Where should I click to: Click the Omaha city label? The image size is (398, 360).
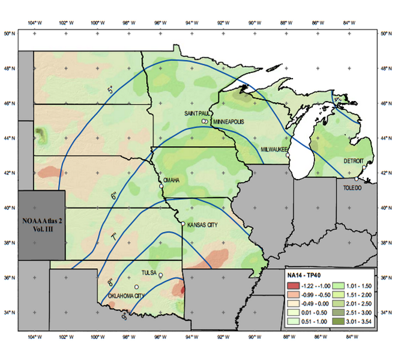pos(171,180)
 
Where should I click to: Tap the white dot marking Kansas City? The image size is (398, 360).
pos(183,224)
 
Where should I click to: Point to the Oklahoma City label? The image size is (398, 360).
pos(125,296)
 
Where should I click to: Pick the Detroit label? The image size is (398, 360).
pos(354,161)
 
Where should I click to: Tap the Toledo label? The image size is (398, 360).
pos(352,188)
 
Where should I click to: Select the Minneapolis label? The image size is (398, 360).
pos(229,121)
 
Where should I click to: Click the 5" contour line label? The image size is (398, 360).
pos(110,90)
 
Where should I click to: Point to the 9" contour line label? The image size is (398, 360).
pos(124,316)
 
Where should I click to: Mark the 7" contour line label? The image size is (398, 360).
pos(113,237)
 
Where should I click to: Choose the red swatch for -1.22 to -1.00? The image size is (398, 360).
pos(293,285)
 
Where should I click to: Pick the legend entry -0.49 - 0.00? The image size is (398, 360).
pos(312,304)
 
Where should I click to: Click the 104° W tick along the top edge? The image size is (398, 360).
pos(34,23)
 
